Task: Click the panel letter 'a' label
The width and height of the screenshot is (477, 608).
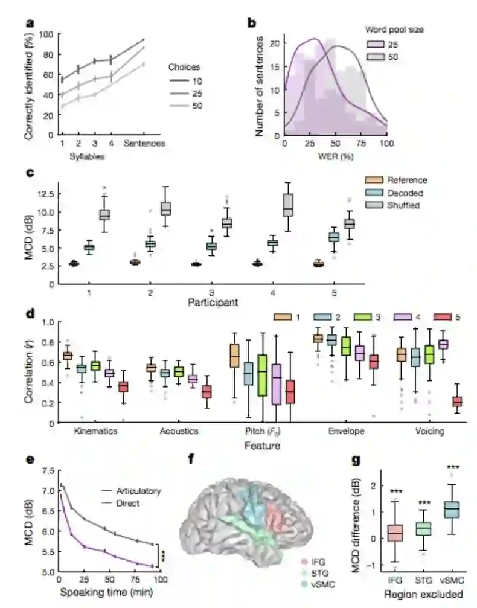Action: click(29, 24)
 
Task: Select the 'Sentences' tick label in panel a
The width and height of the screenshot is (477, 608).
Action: click(144, 143)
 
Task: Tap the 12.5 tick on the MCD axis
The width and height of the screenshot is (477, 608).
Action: click(45, 194)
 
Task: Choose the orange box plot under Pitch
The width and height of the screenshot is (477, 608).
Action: click(234, 356)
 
